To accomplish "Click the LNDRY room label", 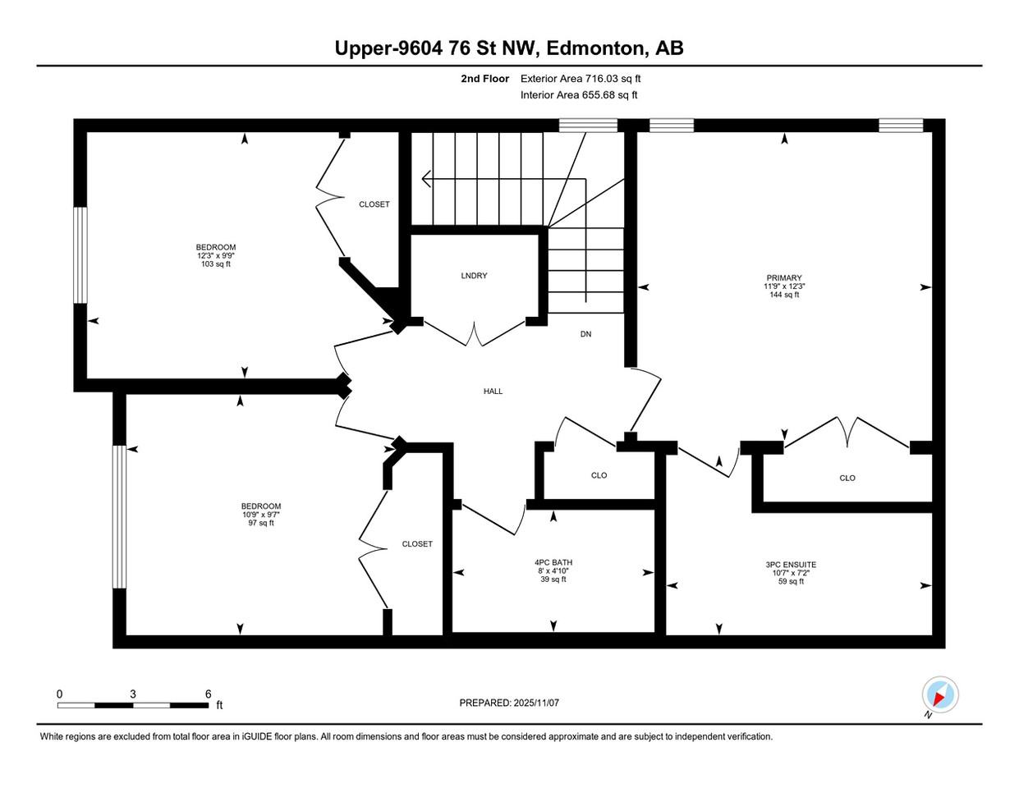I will [x=474, y=276].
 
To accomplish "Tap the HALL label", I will [x=493, y=392].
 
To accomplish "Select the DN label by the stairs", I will [x=585, y=334].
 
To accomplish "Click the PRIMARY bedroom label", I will [x=783, y=278].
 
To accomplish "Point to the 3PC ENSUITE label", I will [x=791, y=565].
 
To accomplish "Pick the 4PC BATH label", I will [x=553, y=562].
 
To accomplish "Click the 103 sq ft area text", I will [x=216, y=264].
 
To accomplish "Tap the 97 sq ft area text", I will [x=261, y=523].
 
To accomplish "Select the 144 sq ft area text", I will [x=784, y=295].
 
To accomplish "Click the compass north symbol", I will [x=939, y=695].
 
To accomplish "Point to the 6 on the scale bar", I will [x=208, y=694].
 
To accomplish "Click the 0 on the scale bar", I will [x=59, y=694].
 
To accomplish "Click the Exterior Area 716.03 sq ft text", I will [x=581, y=79].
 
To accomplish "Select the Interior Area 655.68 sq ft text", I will [x=579, y=95].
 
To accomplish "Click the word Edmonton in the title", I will [x=595, y=48].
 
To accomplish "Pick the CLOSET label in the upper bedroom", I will [x=374, y=204].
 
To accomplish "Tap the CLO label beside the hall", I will [x=599, y=475].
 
